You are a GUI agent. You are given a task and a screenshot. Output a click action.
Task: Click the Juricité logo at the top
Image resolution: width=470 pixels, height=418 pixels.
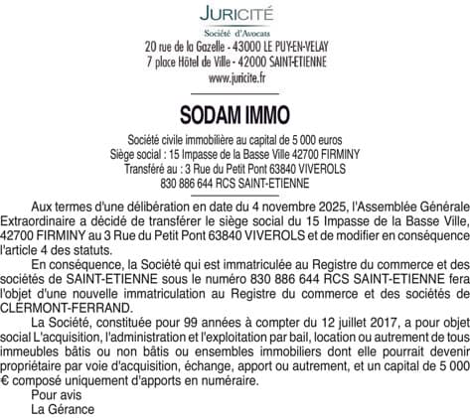(235, 15)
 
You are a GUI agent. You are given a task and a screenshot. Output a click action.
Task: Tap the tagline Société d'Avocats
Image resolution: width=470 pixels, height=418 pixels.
(235, 34)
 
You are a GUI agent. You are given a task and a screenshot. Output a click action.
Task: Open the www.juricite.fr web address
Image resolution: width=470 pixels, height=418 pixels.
(235, 75)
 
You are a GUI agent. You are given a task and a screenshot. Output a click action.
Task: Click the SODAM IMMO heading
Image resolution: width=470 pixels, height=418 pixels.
(235, 112)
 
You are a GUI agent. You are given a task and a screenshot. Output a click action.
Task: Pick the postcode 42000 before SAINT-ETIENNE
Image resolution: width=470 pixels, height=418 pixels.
(245, 61)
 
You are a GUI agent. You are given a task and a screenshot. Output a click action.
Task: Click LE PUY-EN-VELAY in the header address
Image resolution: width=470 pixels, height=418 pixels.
(301, 47)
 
